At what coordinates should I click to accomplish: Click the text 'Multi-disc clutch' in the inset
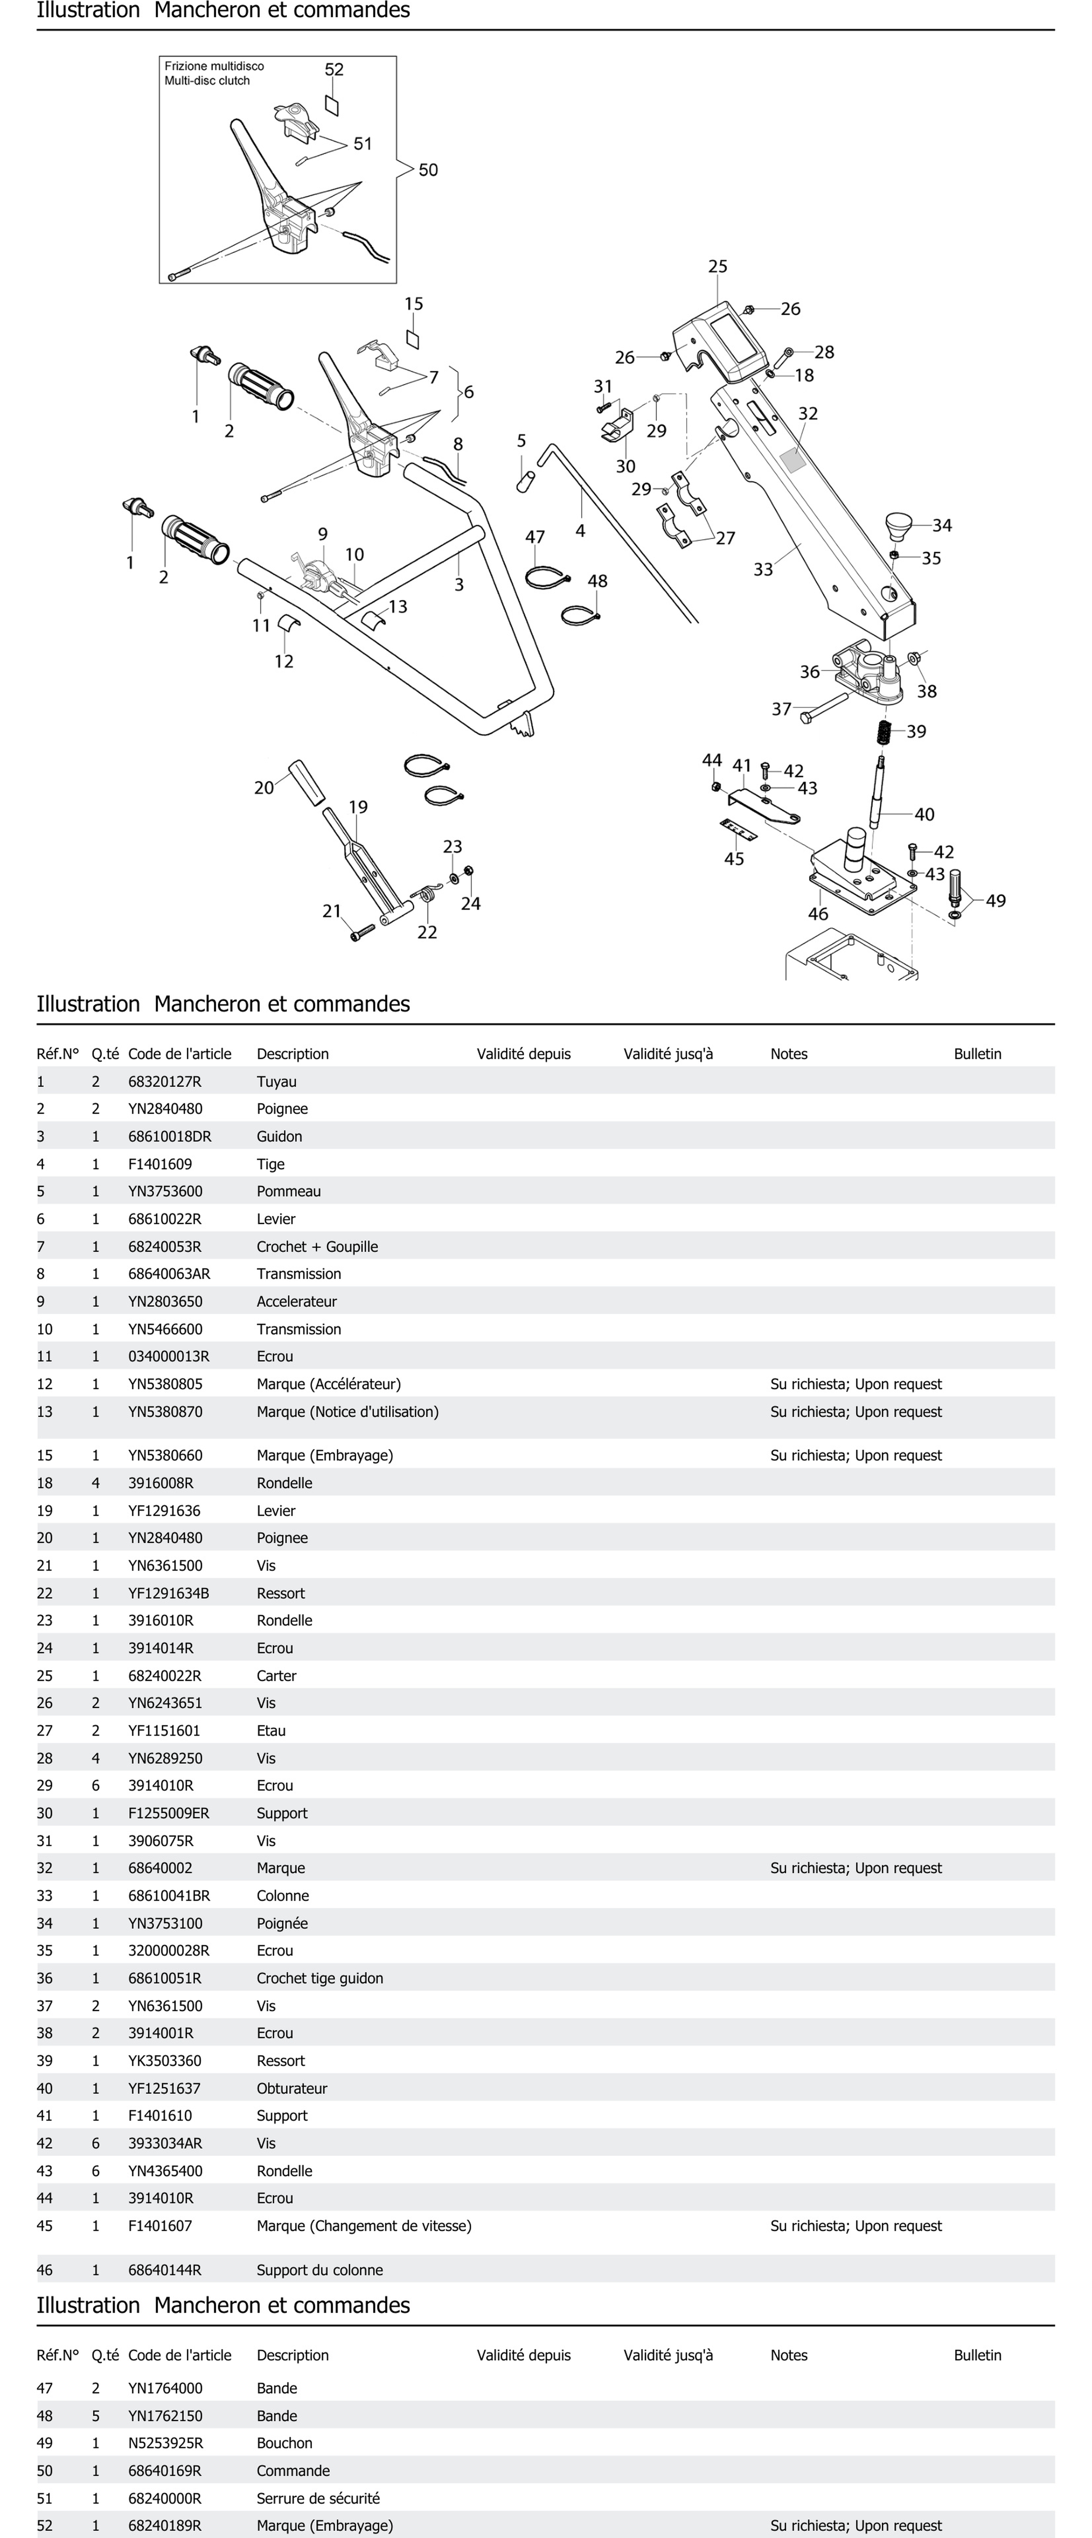point(207,81)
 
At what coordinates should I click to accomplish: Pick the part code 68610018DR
point(169,1136)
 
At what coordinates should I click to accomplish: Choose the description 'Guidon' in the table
point(279,1136)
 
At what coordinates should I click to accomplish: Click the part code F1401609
point(160,1164)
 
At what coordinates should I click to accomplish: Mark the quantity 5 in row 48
point(95,2415)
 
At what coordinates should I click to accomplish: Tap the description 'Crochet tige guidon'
point(319,1977)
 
